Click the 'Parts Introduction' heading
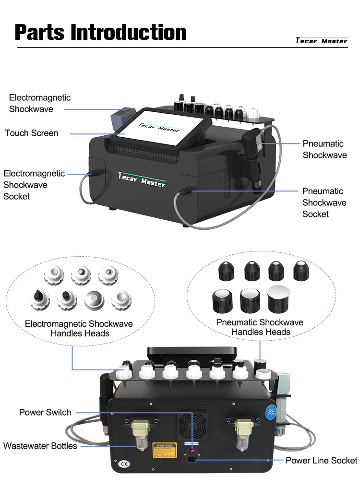point(101,32)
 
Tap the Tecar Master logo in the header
point(321,41)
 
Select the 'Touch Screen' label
point(31,133)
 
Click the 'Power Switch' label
point(45,412)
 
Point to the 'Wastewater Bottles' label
point(40,446)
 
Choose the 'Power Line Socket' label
point(321,461)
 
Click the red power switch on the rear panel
point(192,450)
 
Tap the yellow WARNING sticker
point(163,451)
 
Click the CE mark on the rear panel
point(115,465)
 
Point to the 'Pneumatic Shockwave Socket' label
point(324,202)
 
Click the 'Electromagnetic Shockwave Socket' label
point(34,185)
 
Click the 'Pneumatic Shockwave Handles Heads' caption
point(260,327)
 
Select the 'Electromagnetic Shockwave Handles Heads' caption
point(79,329)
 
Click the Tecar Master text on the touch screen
point(159,127)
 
